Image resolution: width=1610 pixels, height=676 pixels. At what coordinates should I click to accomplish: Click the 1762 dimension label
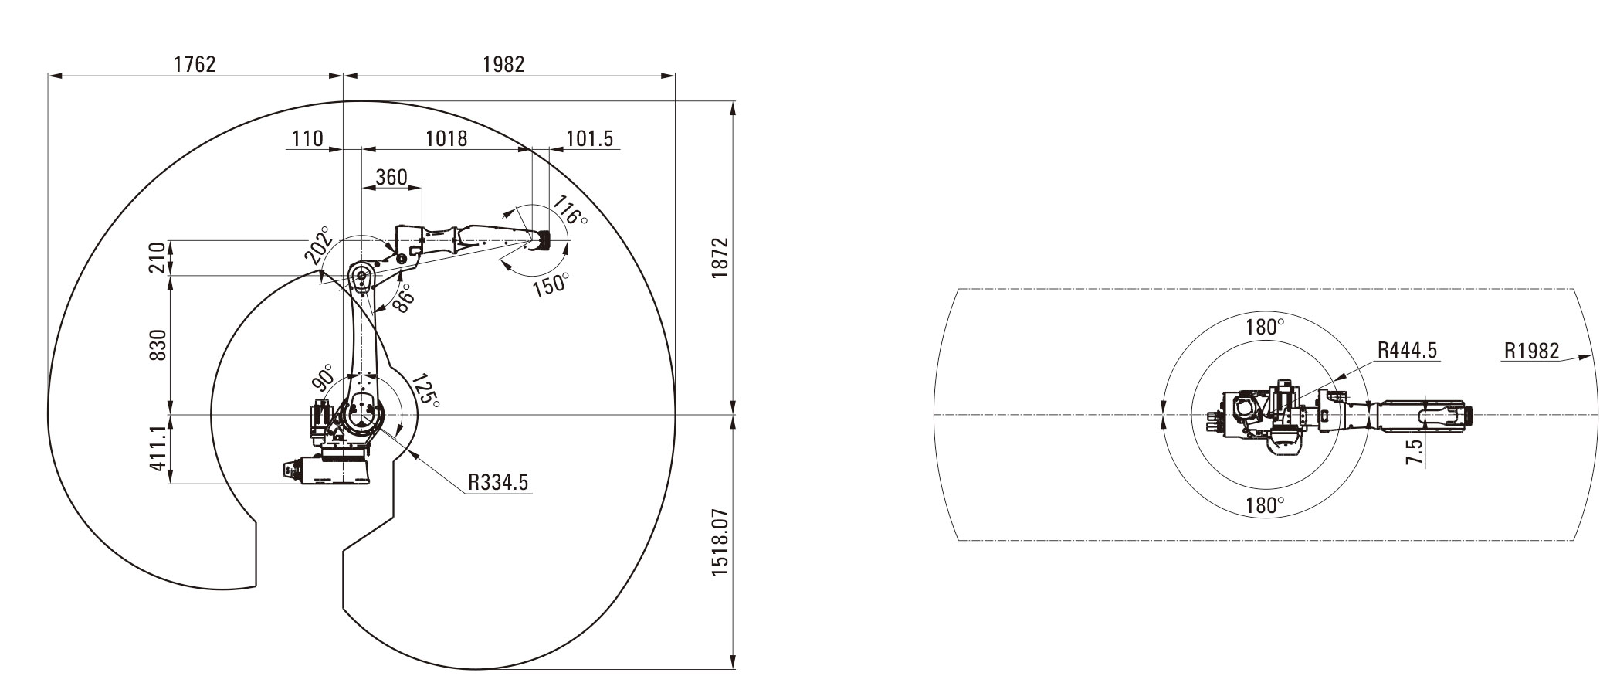pyautogui.click(x=195, y=64)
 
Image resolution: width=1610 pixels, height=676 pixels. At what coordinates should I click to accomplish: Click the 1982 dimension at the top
pyautogui.click(x=503, y=64)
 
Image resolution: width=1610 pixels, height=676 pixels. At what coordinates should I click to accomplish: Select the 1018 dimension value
pyautogui.click(x=446, y=138)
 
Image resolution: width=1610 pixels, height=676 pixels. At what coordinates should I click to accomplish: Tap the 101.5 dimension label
pyautogui.click(x=589, y=138)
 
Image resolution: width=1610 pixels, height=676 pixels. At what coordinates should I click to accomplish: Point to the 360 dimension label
pyautogui.click(x=391, y=177)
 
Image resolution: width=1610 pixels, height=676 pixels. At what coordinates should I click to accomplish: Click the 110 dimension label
pyautogui.click(x=307, y=138)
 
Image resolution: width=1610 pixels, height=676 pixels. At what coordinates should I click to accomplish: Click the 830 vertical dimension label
pyautogui.click(x=158, y=345)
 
